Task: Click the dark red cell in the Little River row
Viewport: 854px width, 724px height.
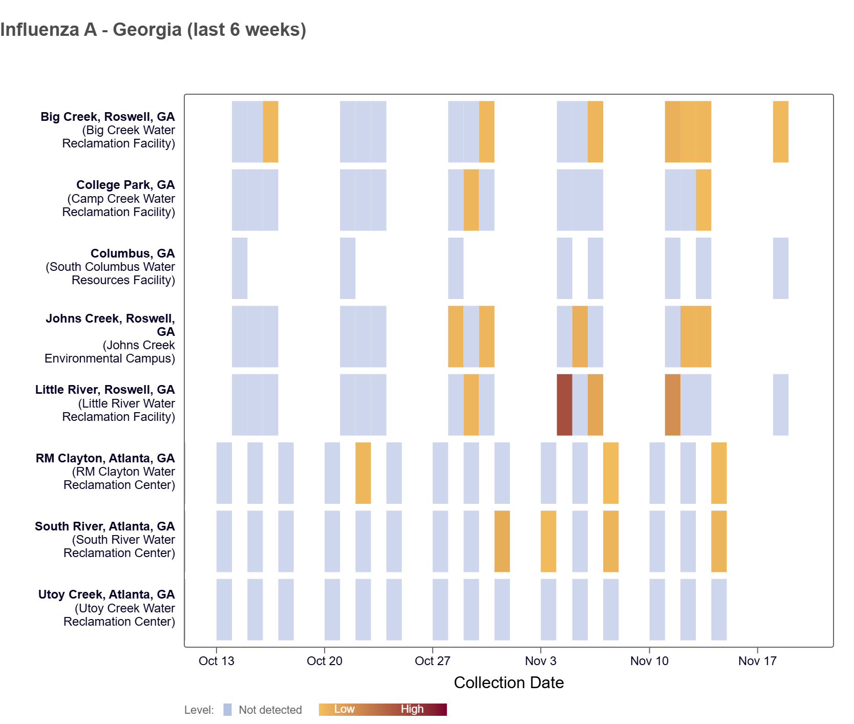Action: point(564,404)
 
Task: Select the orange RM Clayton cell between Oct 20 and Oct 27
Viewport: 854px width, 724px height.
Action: point(363,473)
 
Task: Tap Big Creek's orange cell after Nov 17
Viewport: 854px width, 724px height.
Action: point(780,132)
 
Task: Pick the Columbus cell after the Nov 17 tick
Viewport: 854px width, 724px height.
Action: point(780,268)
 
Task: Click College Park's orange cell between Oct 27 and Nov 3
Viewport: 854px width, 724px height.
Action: point(471,200)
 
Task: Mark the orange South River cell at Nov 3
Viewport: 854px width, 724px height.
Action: point(548,541)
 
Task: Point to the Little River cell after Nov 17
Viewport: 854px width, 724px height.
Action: point(780,404)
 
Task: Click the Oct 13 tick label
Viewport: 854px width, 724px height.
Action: point(216,661)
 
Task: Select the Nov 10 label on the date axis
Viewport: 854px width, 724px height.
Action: point(649,661)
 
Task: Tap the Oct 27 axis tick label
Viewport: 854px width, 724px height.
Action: point(432,661)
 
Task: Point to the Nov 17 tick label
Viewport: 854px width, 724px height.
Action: point(757,661)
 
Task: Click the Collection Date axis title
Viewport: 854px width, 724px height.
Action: point(508,683)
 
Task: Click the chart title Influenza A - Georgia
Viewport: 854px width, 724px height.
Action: point(153,30)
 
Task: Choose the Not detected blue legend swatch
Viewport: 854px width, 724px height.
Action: point(227,710)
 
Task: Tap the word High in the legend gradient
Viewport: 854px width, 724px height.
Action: point(412,709)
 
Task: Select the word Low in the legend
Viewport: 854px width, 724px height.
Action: point(344,709)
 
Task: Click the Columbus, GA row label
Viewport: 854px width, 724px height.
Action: point(133,253)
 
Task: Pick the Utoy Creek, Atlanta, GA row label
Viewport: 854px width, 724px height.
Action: point(106,594)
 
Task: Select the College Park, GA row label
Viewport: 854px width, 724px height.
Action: point(125,185)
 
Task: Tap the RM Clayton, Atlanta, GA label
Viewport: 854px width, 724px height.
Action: point(105,458)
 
